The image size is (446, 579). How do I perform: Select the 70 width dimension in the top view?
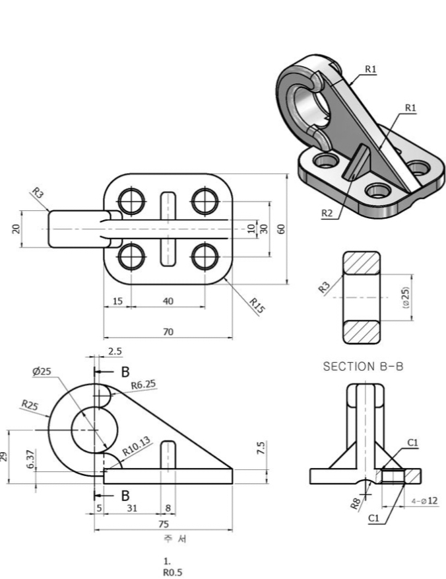pos(168,332)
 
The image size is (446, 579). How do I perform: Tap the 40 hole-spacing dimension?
pos(168,301)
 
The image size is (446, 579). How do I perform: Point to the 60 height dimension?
pos(281,229)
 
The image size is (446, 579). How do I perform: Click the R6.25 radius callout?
pos(143,385)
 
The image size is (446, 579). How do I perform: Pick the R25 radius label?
pos(30,405)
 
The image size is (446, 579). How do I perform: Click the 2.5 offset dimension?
pos(115,352)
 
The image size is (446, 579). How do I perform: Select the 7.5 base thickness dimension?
pos(261,448)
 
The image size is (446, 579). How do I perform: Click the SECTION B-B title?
pos(362,367)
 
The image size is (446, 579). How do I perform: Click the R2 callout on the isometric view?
pos(327,213)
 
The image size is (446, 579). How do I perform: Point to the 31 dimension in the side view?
pos(131,508)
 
